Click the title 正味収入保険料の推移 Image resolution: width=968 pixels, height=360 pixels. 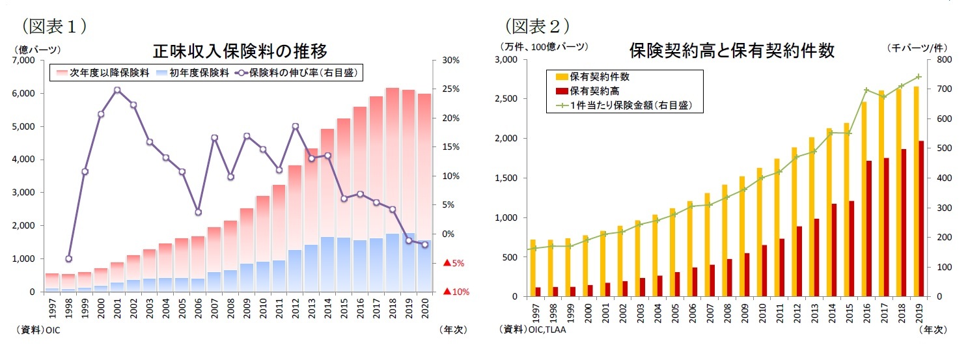pyautogui.click(x=240, y=50)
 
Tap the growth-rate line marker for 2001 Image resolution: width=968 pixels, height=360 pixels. pyautogui.click(x=117, y=90)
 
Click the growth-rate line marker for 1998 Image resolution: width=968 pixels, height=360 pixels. pyautogui.click(x=68, y=258)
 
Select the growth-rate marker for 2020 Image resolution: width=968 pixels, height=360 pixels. pyautogui.click(x=424, y=245)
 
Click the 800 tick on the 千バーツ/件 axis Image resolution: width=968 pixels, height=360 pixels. pyautogui.click(x=941, y=60)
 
